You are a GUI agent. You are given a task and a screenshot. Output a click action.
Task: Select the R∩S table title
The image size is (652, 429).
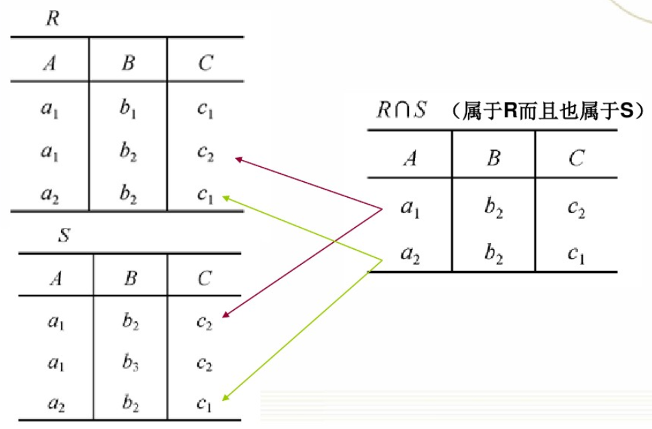point(401,110)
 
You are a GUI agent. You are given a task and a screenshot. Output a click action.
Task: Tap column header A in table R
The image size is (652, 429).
point(49,64)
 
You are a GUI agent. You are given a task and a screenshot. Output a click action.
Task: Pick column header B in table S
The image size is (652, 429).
point(130,278)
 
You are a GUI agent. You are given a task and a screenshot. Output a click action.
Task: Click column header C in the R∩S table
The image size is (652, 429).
point(575,159)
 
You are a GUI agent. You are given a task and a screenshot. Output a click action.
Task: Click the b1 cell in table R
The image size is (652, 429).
point(128,109)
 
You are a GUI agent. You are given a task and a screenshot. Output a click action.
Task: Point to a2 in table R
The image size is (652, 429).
point(49,197)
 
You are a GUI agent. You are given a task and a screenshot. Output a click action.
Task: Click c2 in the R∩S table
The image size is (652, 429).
point(575,209)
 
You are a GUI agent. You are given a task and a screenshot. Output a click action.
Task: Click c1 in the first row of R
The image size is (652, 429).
point(205,109)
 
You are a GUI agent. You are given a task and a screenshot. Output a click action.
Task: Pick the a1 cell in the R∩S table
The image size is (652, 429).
point(410,209)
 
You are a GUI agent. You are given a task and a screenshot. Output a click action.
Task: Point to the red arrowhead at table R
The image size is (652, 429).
point(239,160)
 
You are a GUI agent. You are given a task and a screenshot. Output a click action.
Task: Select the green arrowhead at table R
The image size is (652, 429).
point(225,198)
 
